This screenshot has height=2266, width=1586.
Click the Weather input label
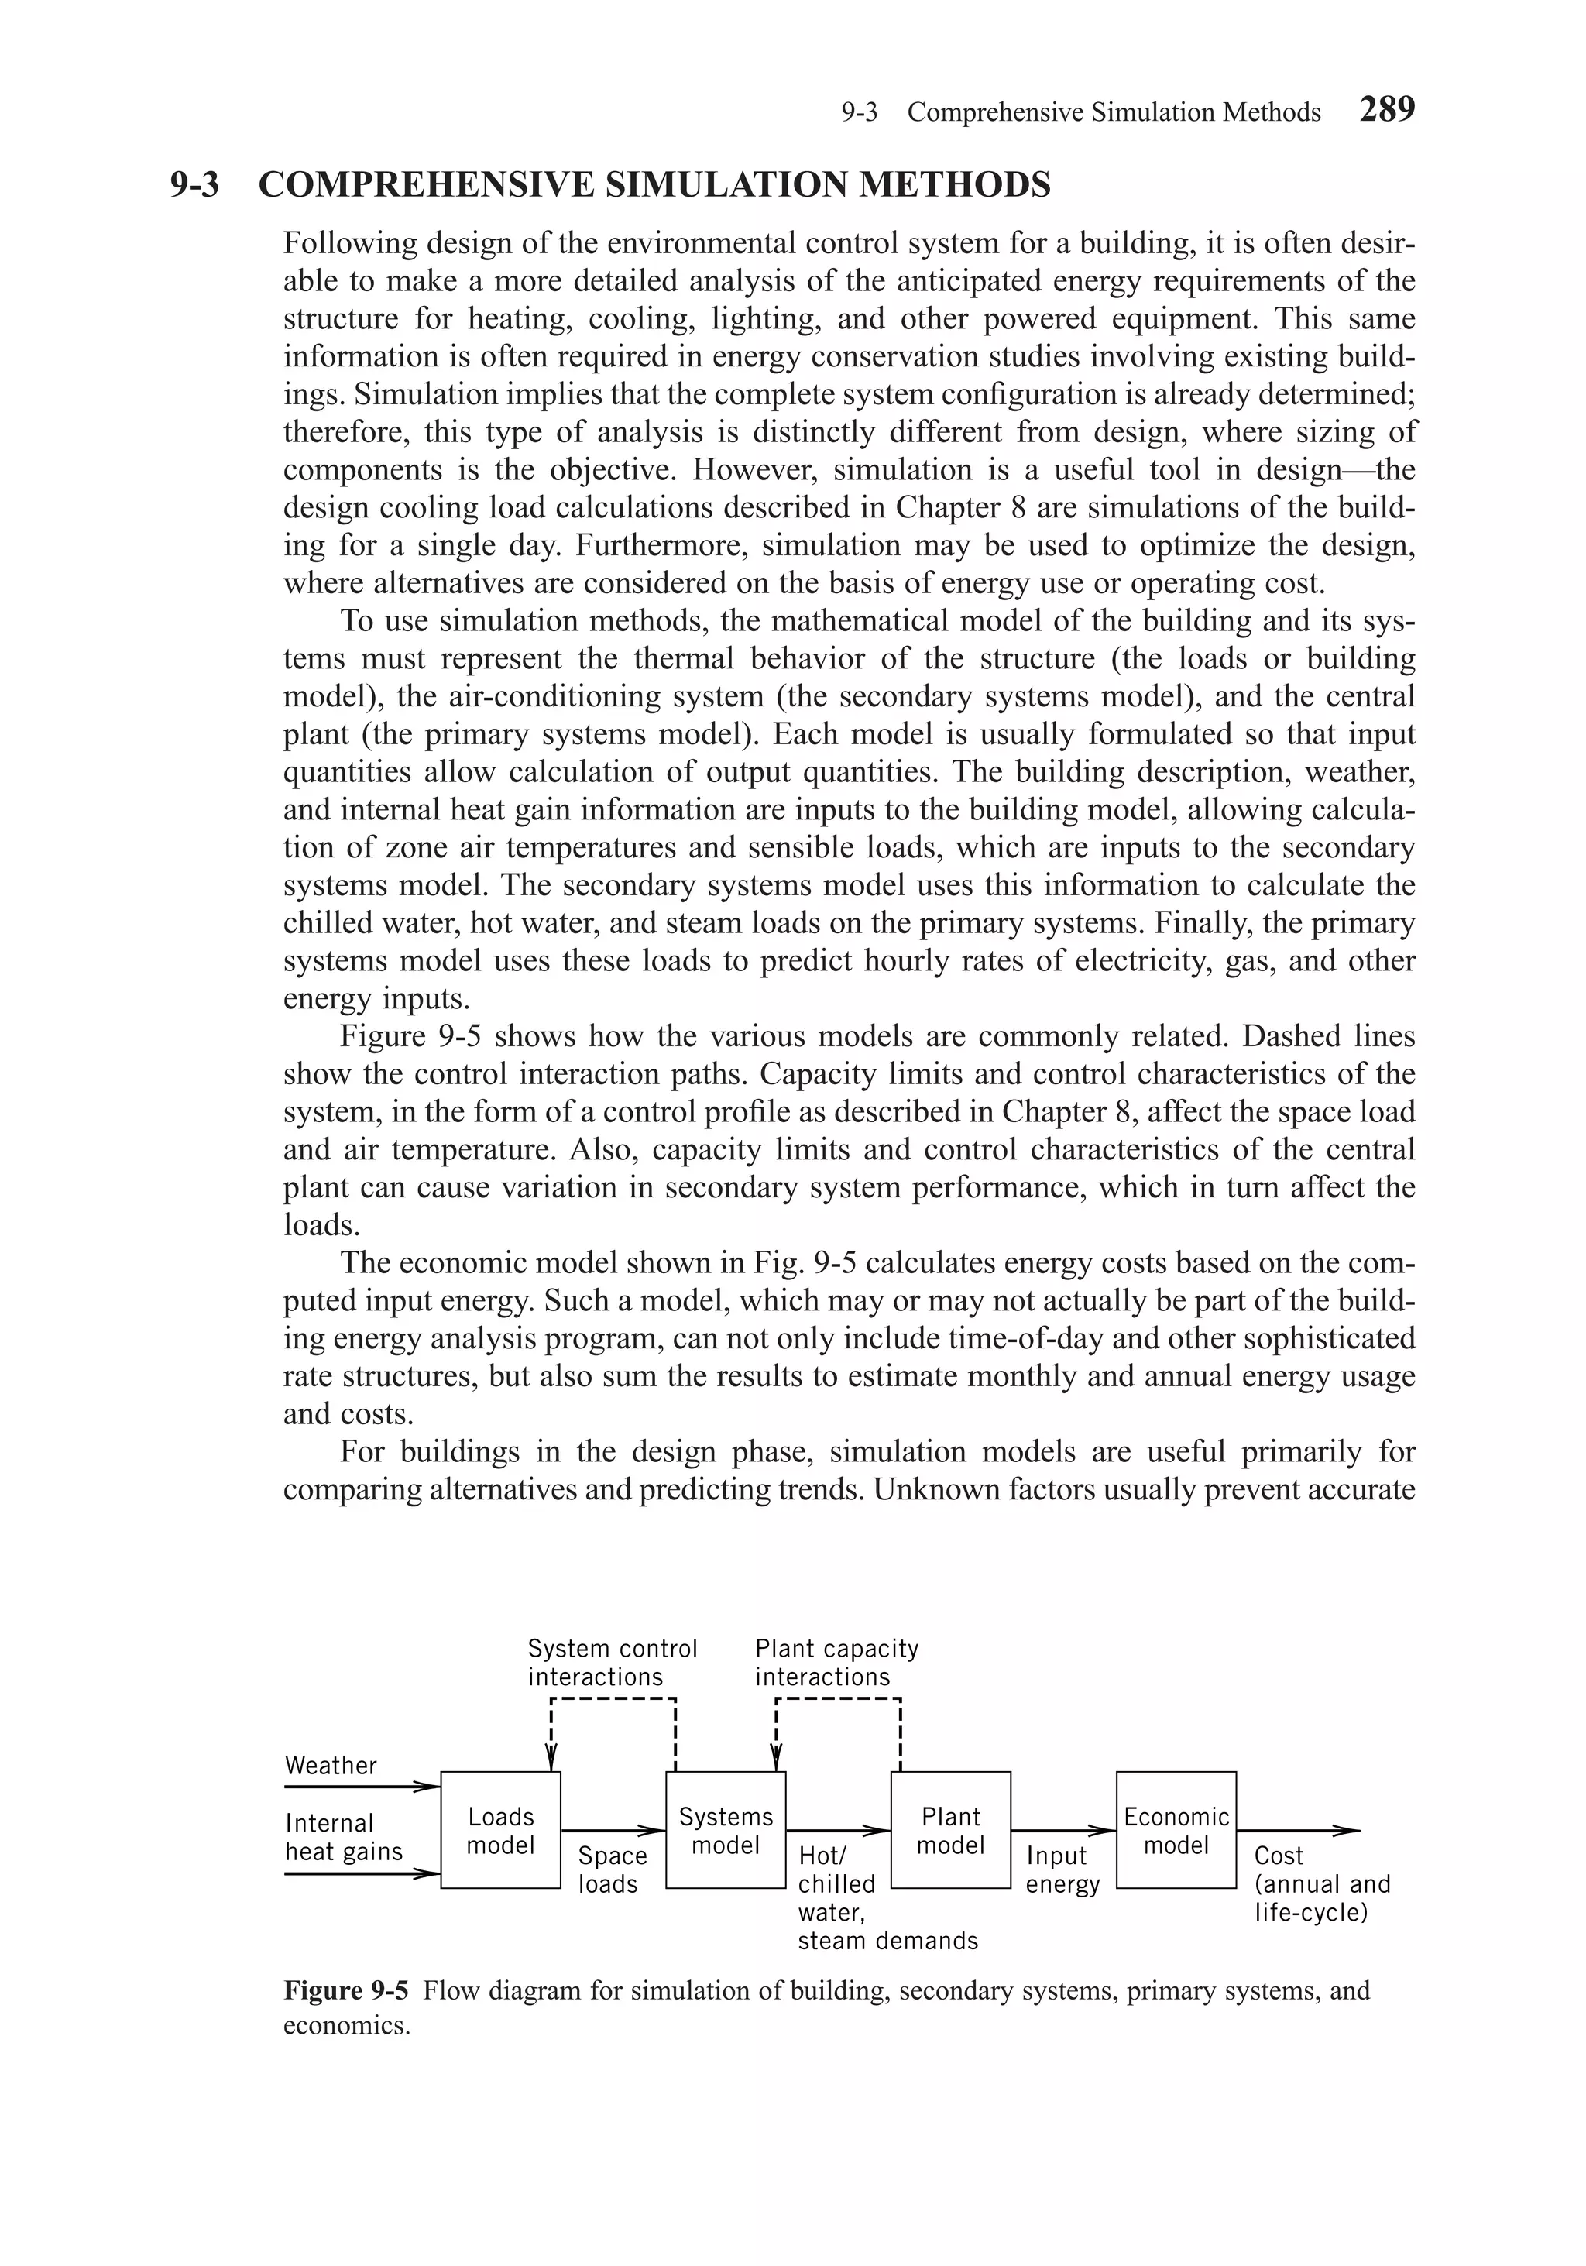coord(331,1766)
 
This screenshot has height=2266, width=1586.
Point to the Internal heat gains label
coord(343,1837)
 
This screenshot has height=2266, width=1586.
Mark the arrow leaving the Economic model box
coord(1298,1831)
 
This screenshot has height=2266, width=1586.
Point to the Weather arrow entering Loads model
coord(361,1787)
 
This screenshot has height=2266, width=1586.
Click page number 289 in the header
coord(1387,108)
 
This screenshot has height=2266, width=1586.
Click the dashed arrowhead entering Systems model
coord(777,1762)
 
